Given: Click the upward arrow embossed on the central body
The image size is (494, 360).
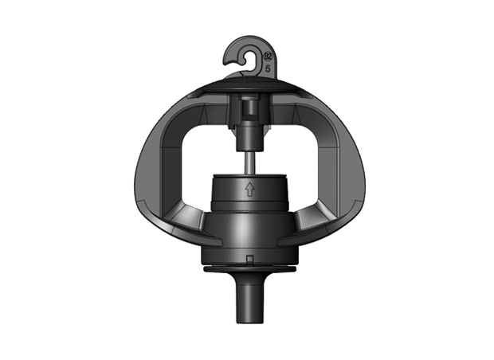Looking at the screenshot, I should click(x=249, y=190).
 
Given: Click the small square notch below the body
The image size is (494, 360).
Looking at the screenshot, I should click(x=249, y=259).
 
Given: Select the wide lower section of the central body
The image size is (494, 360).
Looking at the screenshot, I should click(x=249, y=235).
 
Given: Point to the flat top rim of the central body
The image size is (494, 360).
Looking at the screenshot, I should click(x=249, y=173).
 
